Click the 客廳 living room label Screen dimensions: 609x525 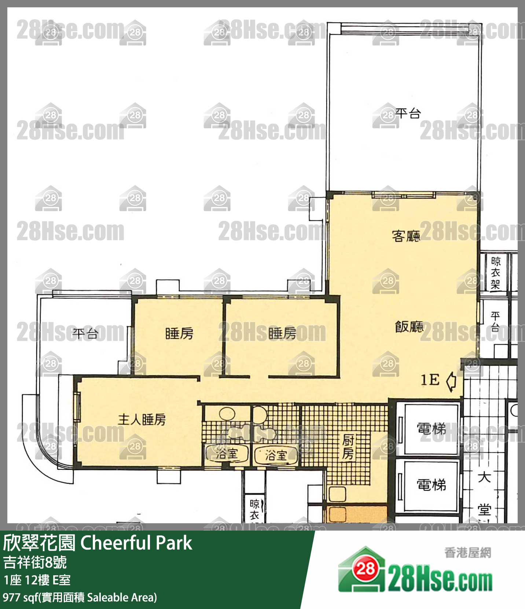[406, 236]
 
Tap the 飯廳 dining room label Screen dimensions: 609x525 [409, 326]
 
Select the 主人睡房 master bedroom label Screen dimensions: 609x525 [142, 420]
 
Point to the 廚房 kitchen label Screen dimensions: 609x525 [348, 447]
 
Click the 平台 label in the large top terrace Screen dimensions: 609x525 [408, 113]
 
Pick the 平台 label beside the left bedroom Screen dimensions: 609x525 [85, 333]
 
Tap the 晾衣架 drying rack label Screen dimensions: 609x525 [495, 273]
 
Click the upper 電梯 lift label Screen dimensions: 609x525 [431, 428]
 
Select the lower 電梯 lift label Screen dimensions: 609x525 [431, 485]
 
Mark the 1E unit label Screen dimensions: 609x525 [430, 380]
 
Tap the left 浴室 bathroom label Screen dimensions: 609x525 [227, 454]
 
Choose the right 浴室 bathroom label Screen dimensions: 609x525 [276, 455]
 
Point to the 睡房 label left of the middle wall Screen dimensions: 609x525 [179, 333]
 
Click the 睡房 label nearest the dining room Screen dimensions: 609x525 [282, 333]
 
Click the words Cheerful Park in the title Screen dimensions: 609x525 [136, 543]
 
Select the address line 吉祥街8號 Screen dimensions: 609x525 [35, 562]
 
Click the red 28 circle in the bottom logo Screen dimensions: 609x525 [365, 569]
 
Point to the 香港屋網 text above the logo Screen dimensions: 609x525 [467, 553]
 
